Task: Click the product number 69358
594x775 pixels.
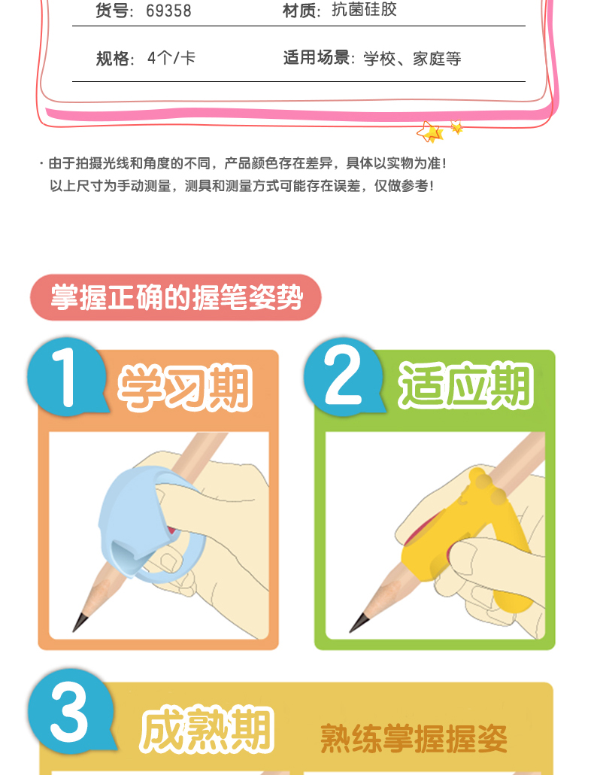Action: [x=168, y=11]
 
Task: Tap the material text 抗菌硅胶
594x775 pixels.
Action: [x=364, y=9]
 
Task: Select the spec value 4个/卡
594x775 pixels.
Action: [x=171, y=59]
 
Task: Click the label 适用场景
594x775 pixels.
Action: [x=317, y=58]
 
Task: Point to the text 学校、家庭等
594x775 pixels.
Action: [x=412, y=59]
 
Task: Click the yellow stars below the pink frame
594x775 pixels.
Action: [x=439, y=131]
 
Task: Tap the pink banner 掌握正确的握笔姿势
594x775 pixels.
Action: [x=176, y=297]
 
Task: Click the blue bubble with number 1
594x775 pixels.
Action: [x=67, y=377]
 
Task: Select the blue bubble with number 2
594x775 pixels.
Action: [x=343, y=377]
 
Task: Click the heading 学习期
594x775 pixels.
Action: [x=185, y=388]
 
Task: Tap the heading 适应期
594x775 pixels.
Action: [x=465, y=385]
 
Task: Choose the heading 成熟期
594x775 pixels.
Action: [x=207, y=730]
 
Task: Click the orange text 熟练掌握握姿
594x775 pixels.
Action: [x=414, y=739]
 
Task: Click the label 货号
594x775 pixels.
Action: [x=114, y=11]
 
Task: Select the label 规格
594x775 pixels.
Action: [x=114, y=59]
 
